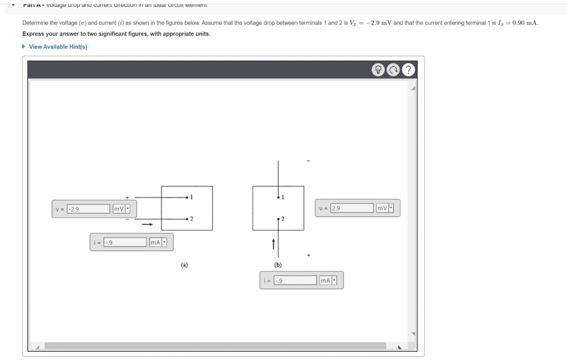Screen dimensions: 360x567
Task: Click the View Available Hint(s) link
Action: pos(58,46)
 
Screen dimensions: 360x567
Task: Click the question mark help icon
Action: pos(409,70)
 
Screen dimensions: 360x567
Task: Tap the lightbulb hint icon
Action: pos(378,70)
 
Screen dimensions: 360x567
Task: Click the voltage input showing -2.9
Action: pos(88,209)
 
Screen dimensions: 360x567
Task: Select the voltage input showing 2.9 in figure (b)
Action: pos(352,208)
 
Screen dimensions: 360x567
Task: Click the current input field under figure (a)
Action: pos(125,243)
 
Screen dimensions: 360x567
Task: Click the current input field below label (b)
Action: pos(295,280)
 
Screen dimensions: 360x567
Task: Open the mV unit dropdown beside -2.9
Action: pos(121,209)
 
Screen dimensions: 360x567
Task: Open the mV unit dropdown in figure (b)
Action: pos(385,208)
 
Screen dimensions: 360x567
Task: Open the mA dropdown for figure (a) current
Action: pos(158,243)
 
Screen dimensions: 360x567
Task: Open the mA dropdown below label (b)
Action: pos(328,280)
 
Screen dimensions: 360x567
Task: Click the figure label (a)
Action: pos(184,264)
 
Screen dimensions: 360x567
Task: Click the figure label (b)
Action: pos(278,264)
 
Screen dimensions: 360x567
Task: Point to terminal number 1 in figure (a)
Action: pos(192,197)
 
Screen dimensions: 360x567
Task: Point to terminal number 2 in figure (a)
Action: pos(192,218)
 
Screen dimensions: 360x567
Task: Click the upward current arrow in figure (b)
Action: pos(273,244)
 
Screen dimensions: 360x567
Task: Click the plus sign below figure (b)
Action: pos(308,256)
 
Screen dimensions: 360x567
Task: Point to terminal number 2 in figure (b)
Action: pos(282,219)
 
